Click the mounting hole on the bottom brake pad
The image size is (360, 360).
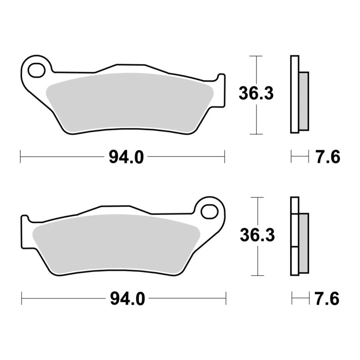209,211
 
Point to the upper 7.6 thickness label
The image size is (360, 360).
327,157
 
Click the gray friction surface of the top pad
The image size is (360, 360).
129,100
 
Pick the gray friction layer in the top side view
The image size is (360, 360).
303,100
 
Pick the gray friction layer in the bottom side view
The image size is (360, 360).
303,242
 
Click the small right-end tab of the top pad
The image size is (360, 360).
221,90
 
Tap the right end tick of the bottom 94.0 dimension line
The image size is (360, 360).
225,298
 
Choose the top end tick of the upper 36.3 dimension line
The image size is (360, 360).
256,56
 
